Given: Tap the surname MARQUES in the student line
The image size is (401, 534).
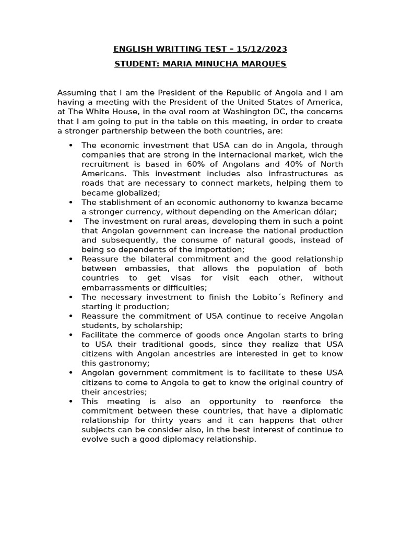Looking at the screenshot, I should (x=264, y=64).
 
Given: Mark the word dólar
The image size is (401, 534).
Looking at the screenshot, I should (x=324, y=212).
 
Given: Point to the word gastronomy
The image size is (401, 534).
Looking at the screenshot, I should (x=123, y=363).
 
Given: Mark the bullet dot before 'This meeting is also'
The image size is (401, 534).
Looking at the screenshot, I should (x=70, y=402).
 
